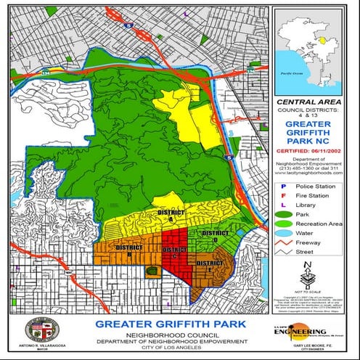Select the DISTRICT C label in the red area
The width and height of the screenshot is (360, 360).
click(174, 253)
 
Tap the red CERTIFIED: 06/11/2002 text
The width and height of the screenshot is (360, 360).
click(314, 152)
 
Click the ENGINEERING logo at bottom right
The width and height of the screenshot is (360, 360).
click(314, 329)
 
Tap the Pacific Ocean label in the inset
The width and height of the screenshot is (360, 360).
click(294, 73)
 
